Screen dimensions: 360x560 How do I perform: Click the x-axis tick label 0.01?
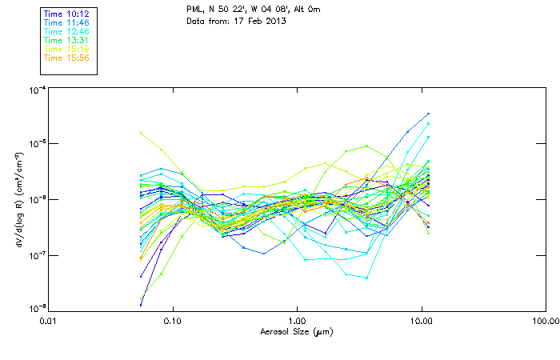pos(48,321)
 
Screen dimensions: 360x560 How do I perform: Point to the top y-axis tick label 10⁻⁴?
pos(37,90)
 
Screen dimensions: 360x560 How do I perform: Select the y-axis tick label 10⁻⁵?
pos(37,145)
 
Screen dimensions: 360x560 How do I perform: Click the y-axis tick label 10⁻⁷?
pos(37,254)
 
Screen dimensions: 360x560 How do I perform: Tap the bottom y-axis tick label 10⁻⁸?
pos(37,308)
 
